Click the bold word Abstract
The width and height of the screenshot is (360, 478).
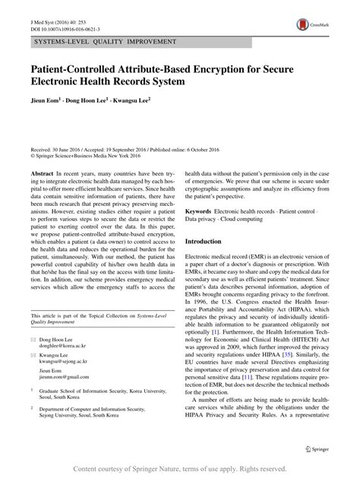coord(42,174)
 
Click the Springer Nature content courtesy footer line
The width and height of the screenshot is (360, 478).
coord(180,470)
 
